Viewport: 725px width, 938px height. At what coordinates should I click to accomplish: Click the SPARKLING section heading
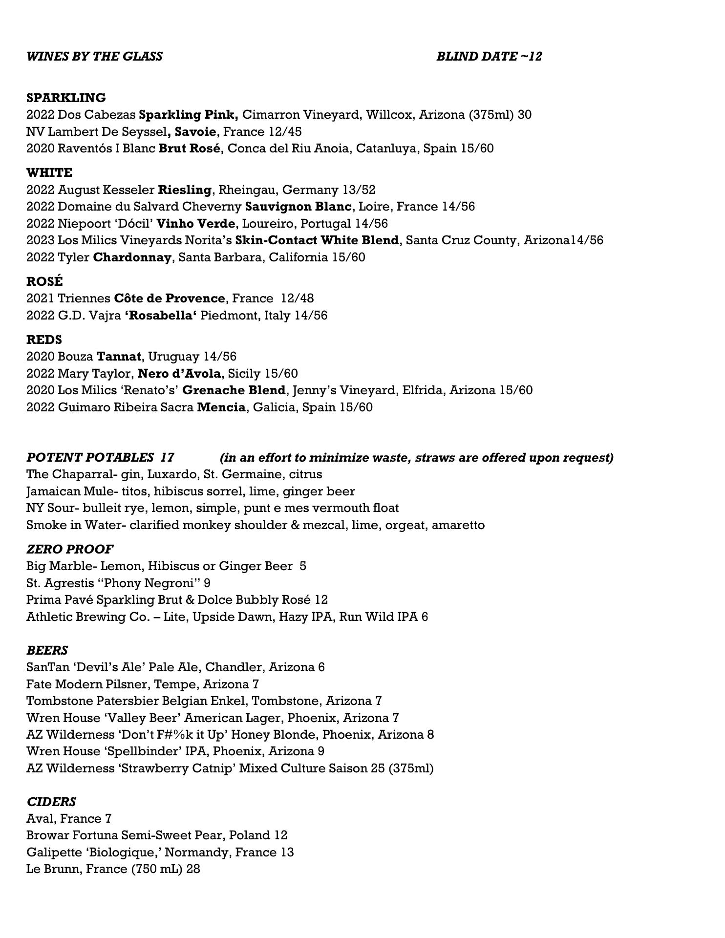(66, 98)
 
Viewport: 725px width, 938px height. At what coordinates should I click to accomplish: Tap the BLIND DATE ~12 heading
(489, 56)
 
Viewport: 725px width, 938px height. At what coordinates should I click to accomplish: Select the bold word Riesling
(185, 190)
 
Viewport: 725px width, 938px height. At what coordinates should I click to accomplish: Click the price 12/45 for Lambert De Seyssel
(285, 131)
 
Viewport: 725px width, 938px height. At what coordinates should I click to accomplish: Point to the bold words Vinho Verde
(196, 223)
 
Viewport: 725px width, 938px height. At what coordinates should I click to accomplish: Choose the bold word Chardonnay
(132, 257)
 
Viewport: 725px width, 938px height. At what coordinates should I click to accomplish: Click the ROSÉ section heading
(44, 281)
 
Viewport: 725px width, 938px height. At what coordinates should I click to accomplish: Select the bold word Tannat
(119, 357)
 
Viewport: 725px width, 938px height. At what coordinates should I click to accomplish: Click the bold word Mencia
(221, 407)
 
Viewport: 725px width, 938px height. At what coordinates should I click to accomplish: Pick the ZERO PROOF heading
(70, 549)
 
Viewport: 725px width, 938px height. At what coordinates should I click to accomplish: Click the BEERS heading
(47, 650)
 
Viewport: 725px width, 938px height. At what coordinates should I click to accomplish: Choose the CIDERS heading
(51, 802)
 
